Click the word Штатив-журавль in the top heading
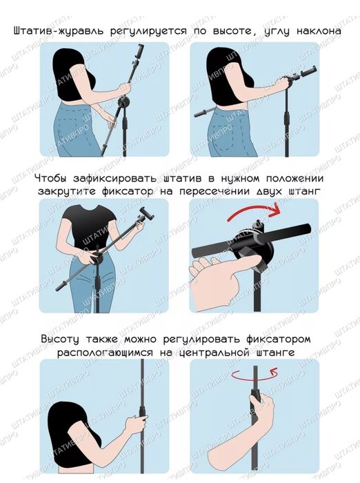click(x=56, y=32)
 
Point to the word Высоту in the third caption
click(x=63, y=340)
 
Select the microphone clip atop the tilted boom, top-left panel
click(x=141, y=50)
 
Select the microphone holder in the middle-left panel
click(x=146, y=216)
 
